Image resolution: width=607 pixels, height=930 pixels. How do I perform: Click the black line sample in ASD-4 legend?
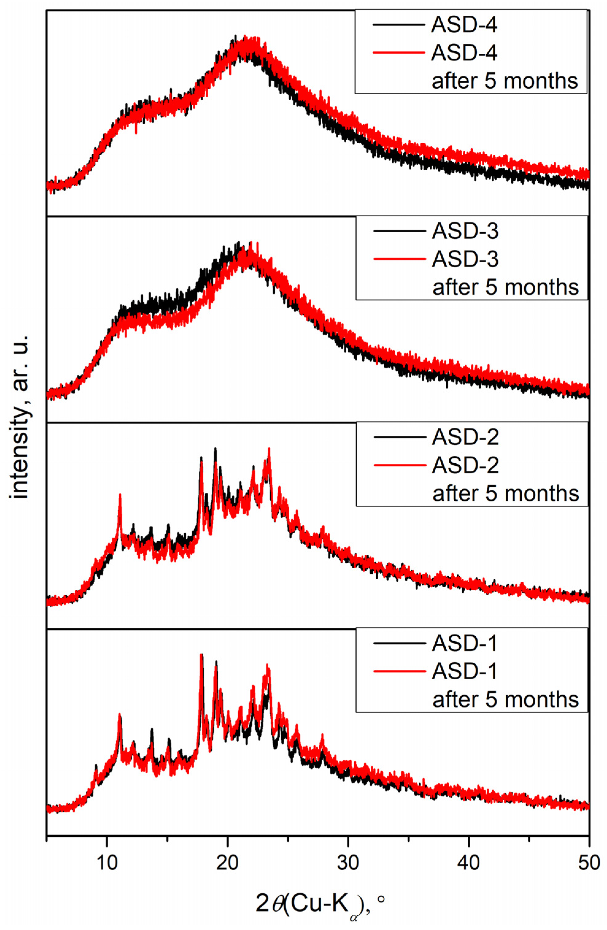pyautogui.click(x=398, y=25)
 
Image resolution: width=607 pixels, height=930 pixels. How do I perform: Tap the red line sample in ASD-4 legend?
pyautogui.click(x=398, y=52)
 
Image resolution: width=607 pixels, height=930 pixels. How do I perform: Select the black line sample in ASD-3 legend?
pyautogui.click(x=399, y=231)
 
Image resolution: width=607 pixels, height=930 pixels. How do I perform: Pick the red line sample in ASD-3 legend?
pyautogui.click(x=399, y=258)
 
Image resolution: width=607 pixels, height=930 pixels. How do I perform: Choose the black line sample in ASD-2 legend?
pyautogui.click(x=399, y=437)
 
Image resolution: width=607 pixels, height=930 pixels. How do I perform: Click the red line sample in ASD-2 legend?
pyautogui.click(x=399, y=465)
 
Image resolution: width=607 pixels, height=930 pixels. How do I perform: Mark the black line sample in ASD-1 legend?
pyautogui.click(x=399, y=643)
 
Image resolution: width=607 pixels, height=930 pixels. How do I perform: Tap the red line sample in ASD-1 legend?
pyautogui.click(x=399, y=671)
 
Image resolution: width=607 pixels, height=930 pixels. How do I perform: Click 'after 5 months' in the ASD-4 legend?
pyautogui.click(x=504, y=81)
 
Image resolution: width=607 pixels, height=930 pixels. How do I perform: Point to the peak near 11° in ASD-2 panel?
pyautogui.click(x=120, y=496)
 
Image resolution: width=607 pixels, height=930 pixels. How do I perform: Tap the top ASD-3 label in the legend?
pyautogui.click(x=465, y=231)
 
